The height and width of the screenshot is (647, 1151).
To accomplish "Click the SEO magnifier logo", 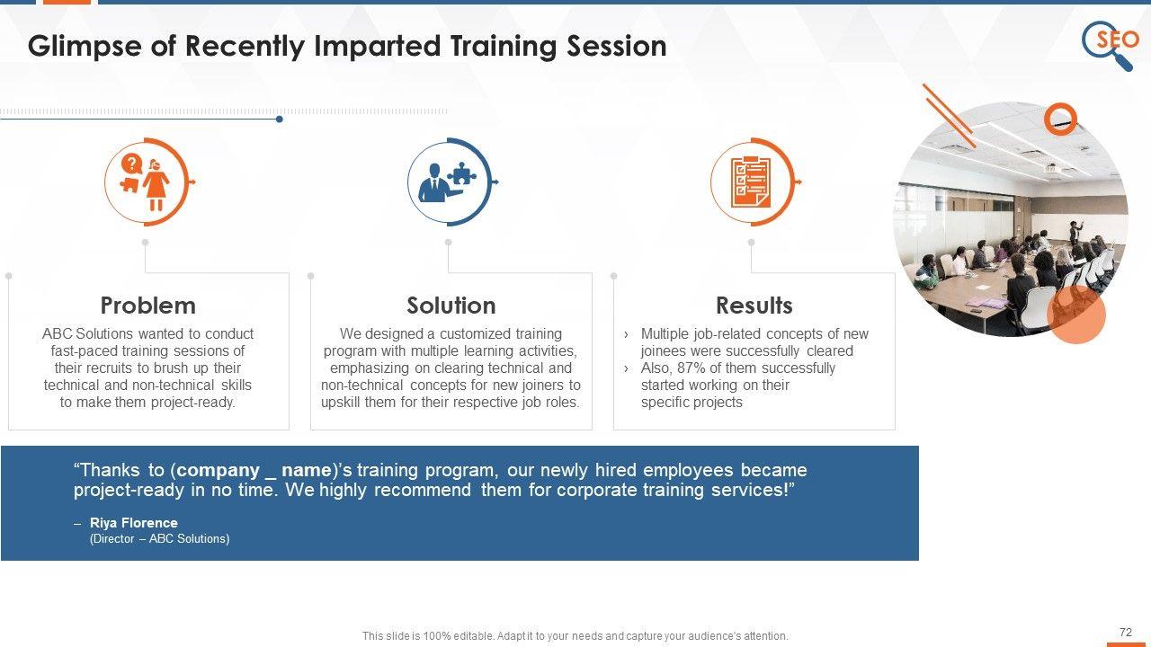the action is [1110, 45].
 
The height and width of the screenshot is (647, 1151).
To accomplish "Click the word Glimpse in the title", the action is [84, 46].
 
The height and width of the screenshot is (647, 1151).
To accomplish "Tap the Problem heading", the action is [148, 306].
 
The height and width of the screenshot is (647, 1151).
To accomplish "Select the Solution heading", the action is [451, 306].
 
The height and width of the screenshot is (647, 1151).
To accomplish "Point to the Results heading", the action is [754, 306].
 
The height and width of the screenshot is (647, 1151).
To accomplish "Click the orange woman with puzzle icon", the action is [146, 182].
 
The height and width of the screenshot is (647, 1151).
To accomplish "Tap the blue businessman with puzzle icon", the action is [447, 182].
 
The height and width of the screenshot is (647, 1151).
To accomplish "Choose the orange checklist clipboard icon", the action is [751, 182].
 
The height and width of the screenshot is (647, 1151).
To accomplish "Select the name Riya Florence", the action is [134, 523].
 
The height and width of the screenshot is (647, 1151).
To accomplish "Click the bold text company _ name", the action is [254, 470].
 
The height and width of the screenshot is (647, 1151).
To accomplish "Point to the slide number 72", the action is [1125, 632].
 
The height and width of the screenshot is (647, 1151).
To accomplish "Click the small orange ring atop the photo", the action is [1060, 120].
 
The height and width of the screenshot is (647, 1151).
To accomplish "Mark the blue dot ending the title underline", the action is [279, 120].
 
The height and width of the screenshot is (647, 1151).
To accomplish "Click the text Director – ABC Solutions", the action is [159, 538].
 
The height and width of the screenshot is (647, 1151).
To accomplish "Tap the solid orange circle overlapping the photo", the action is [1076, 315].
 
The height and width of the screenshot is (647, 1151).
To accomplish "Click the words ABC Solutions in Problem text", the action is [87, 333].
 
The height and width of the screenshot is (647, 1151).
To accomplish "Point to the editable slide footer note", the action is [575, 635].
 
